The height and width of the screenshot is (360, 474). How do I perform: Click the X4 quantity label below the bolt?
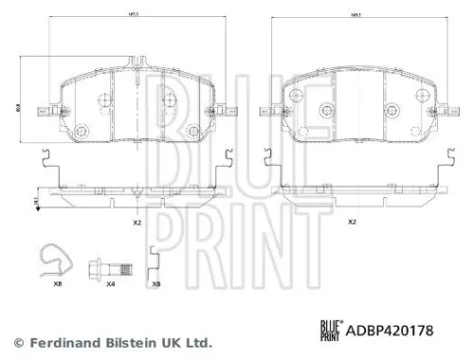tap(110, 282)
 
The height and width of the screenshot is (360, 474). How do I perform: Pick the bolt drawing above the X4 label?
tap(99, 266)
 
